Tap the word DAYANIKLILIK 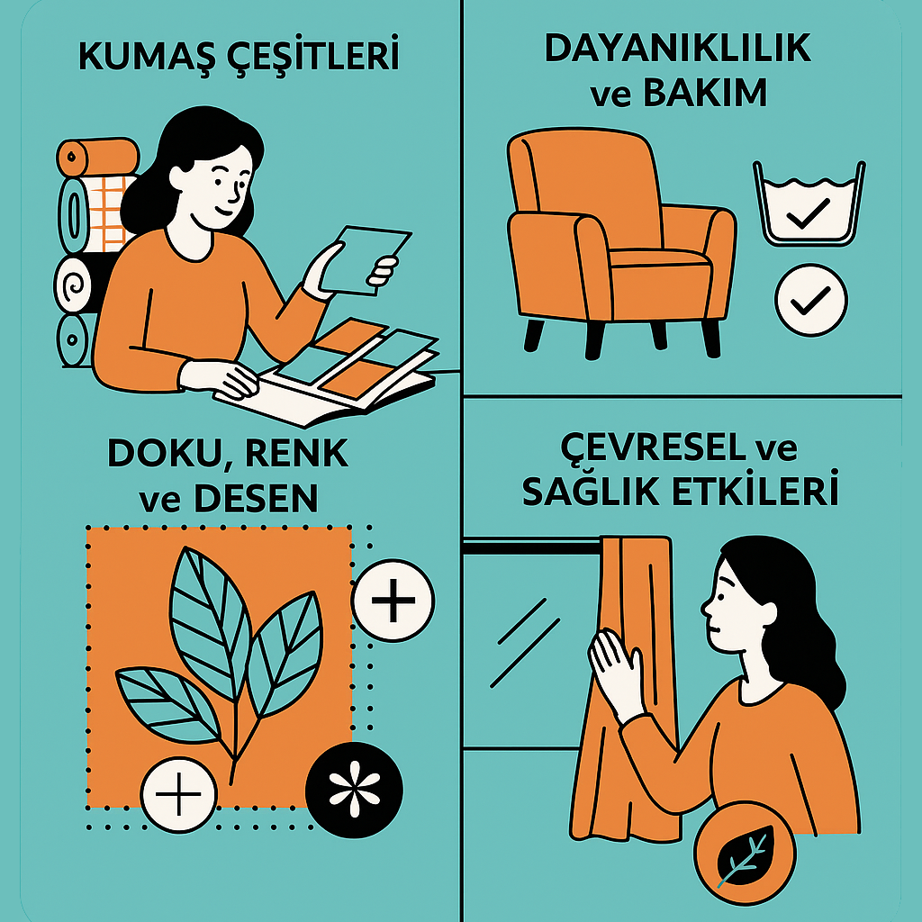coord(678,49)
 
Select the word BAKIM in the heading coord(705,93)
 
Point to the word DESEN coord(256,499)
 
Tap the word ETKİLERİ coord(755,492)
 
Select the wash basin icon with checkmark coord(809,203)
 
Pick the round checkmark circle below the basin coord(811,300)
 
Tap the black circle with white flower coord(354,789)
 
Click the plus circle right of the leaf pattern coord(393,601)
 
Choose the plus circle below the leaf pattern coord(179,794)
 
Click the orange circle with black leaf coord(744,852)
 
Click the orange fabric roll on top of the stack coord(97,158)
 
